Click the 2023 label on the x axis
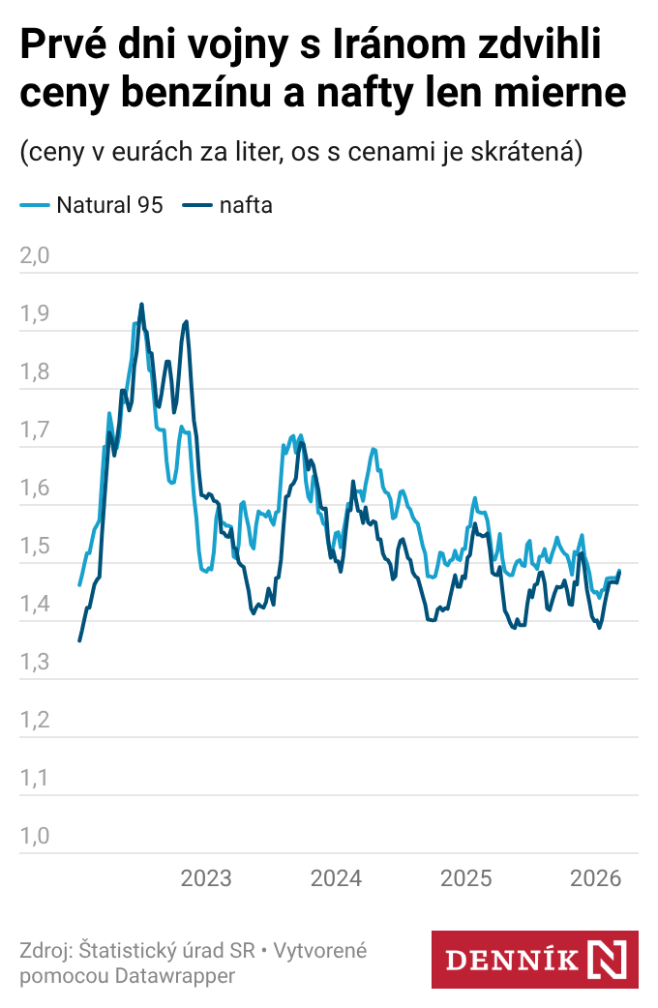pos(206,878)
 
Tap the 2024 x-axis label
pos(336,878)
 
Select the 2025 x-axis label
pos(466,878)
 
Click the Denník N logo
pos(534,960)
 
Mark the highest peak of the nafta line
pos(141,304)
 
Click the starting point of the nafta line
pos(79,640)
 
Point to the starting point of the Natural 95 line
pos(79,585)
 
